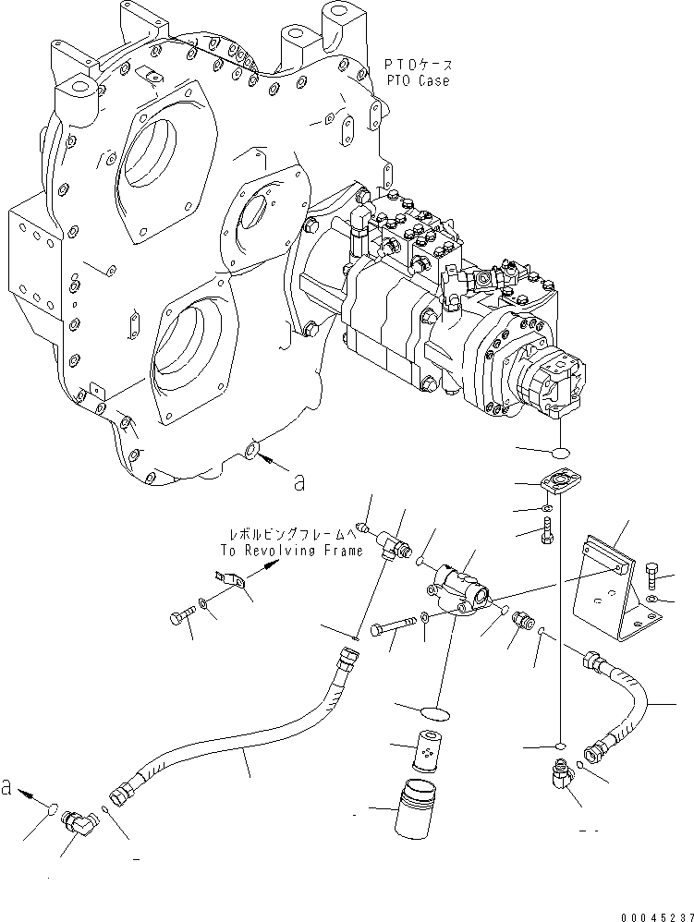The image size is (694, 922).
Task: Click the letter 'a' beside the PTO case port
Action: [298, 480]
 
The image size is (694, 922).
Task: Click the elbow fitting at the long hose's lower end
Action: [76, 819]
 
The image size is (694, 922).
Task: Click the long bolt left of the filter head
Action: [393, 630]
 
